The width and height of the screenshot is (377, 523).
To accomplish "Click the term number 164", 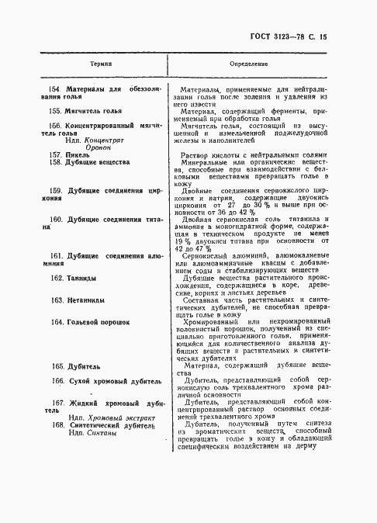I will tap(57, 321).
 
